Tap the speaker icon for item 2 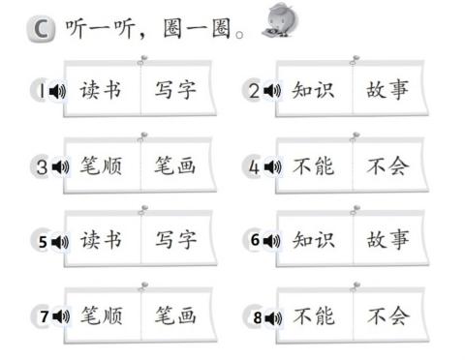tap(271, 92)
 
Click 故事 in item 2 tap(387, 92)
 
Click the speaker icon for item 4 tap(271, 166)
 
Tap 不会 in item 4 tap(387, 166)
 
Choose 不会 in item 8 tap(387, 315)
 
